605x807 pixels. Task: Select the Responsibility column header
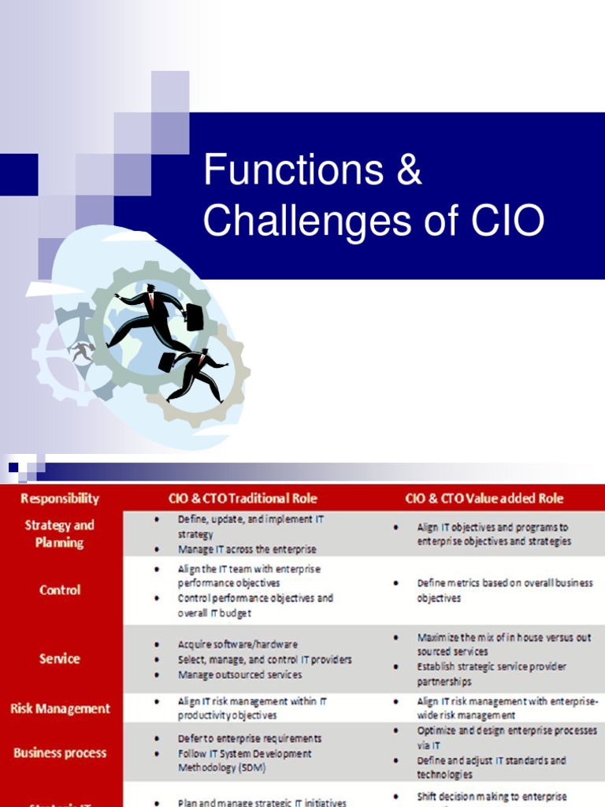60,498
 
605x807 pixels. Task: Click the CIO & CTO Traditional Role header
243,498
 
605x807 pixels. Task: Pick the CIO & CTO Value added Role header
484,498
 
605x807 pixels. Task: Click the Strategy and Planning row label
60,534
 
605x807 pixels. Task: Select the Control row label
60,589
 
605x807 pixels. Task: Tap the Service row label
60,658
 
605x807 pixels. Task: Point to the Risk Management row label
60,708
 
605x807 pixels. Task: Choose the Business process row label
60,753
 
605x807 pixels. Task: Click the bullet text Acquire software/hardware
238,644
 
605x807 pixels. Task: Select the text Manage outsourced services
239,675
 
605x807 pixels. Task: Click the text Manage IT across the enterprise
247,549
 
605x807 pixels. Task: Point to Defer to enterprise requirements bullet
250,738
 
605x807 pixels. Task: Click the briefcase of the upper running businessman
194,318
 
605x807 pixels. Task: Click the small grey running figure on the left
81,350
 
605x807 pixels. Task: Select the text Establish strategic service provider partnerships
492,674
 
